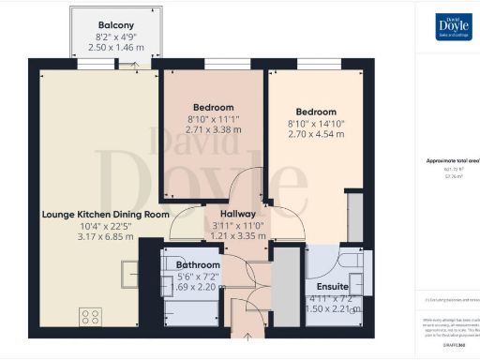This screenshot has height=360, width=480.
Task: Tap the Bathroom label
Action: [x=198, y=265]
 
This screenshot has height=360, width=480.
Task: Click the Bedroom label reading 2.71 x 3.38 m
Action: [x=213, y=108]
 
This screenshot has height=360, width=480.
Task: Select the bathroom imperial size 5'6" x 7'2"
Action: [x=198, y=277]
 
